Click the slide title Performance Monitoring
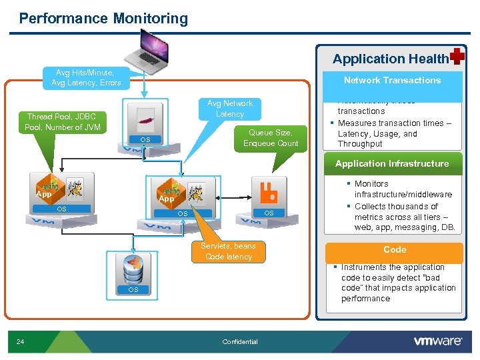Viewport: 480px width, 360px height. coord(103,19)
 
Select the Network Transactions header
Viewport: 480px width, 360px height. coord(392,81)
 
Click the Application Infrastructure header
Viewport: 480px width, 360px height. coord(392,164)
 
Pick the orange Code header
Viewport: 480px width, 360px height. coord(395,250)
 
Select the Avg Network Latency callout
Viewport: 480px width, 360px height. coord(230,109)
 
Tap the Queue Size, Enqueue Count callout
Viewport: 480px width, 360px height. coord(271,138)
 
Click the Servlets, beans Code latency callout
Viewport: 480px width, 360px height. coord(229,251)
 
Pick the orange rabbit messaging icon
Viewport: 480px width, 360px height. coord(269,192)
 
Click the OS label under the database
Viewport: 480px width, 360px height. coord(133,290)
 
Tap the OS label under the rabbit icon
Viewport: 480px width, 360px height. coord(269,213)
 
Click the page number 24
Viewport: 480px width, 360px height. coord(20,342)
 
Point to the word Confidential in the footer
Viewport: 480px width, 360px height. coord(239,342)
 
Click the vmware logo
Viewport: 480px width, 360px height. coord(437,341)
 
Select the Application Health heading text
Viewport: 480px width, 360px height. coord(390,59)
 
